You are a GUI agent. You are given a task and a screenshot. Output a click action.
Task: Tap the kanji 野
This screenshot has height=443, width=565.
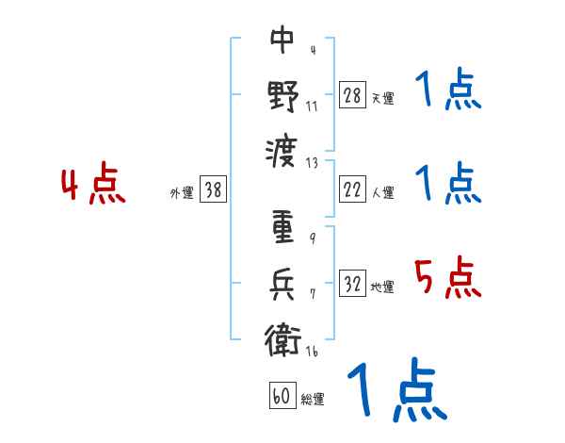coord(282,95)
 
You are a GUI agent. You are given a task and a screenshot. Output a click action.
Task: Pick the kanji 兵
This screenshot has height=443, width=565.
coord(282,284)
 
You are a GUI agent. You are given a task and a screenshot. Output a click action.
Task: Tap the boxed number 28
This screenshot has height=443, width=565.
coord(352,94)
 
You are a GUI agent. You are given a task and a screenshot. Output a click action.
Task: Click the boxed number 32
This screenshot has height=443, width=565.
coord(352,284)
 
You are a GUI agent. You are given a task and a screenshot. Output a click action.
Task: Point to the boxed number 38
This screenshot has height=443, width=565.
coord(213,190)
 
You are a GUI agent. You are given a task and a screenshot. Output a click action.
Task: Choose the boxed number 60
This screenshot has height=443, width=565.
coord(281,396)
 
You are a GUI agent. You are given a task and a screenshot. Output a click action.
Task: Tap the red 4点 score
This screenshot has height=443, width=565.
coord(93,186)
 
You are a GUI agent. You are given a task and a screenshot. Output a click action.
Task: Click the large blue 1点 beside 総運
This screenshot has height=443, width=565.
coord(395,390)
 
